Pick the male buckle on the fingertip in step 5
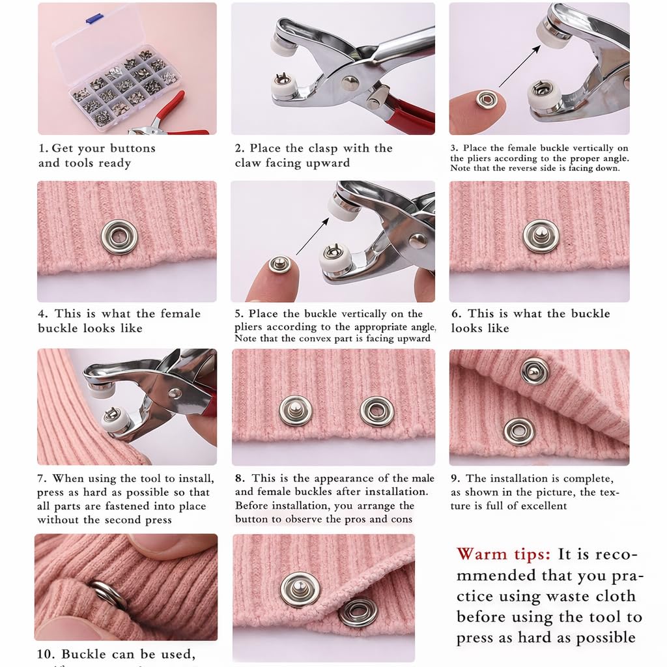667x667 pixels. (280, 264)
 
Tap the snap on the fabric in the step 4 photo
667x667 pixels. (119, 236)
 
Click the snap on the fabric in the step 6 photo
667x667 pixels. (541, 236)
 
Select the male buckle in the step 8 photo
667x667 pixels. (295, 410)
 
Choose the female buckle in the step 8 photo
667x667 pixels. (376, 411)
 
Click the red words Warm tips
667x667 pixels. (503, 554)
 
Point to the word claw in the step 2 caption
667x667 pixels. (251, 163)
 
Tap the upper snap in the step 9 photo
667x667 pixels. (534, 371)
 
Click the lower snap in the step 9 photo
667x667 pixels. (519, 431)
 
